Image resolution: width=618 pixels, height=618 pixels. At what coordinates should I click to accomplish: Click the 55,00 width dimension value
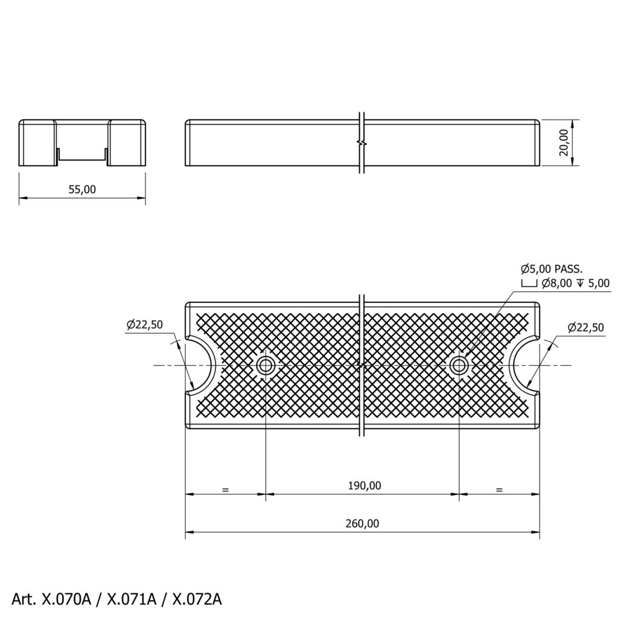coord(82,190)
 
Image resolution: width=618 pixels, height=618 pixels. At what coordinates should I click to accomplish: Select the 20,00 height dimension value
coord(564,142)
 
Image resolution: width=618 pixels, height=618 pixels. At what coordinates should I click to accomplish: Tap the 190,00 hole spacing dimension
coord(365,486)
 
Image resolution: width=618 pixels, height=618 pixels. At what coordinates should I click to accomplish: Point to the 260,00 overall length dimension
coord(362,523)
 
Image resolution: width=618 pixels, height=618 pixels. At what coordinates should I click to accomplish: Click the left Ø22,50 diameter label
coord(145,325)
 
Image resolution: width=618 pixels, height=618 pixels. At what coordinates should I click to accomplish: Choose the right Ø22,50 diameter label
coord(585,328)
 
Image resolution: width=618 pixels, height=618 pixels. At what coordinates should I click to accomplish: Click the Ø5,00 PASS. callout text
coord(552,270)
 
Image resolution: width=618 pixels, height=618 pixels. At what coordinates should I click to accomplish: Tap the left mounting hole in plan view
coord(266,365)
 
